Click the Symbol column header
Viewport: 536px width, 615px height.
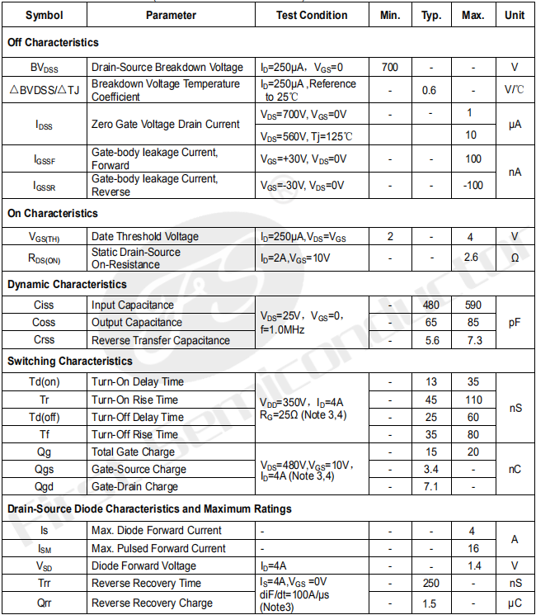(44, 15)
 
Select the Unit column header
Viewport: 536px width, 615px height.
(515, 15)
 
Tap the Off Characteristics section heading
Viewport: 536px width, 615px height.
(53, 42)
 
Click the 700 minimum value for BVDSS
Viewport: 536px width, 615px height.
(390, 67)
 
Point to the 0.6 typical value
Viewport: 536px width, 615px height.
(429, 90)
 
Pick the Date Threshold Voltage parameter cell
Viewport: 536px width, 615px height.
(145, 237)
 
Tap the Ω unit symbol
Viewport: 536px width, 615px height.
(515, 258)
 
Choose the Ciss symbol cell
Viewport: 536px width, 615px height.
(45, 305)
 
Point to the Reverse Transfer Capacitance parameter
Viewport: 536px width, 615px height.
(161, 340)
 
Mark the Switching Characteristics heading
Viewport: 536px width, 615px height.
(70, 361)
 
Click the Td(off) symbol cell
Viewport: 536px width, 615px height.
(45, 417)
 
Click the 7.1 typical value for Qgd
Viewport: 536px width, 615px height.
(429, 486)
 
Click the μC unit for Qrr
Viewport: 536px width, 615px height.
(515, 603)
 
